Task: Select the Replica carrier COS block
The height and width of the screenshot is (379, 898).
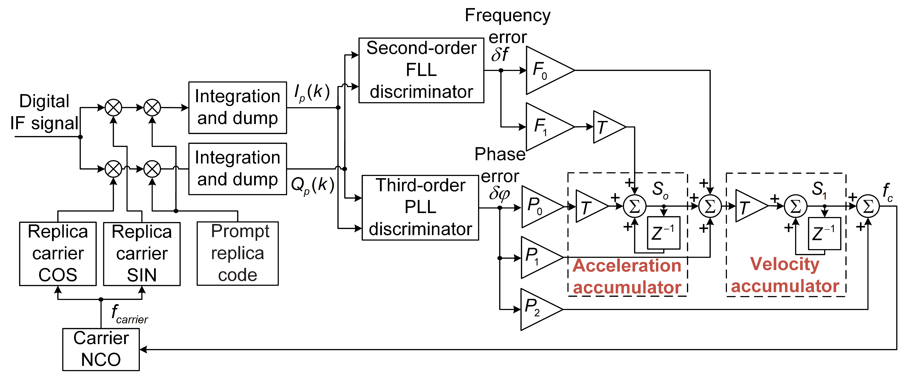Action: coord(58,254)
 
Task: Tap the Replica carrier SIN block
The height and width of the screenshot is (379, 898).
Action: coord(142,254)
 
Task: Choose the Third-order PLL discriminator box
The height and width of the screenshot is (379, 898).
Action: coord(420,208)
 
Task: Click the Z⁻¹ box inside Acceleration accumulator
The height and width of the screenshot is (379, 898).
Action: coord(663,233)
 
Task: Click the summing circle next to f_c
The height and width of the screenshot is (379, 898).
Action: coord(868,206)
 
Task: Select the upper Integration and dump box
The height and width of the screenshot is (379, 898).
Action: coord(238,108)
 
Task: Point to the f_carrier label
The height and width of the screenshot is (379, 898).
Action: coord(129,314)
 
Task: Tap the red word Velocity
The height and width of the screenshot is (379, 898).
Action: coord(785,264)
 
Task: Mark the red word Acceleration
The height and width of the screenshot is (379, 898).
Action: coord(627,265)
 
